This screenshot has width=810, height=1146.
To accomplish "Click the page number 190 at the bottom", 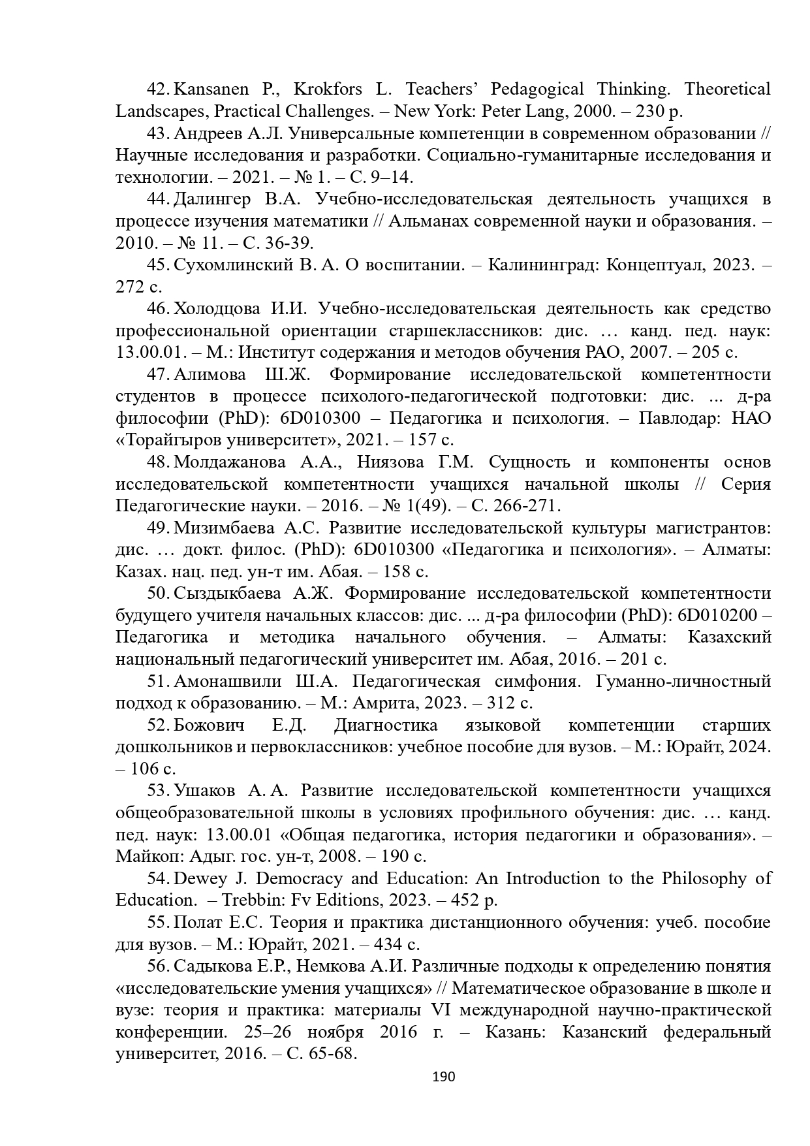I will point(444,1077).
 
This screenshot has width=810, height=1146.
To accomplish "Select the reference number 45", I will point(159,265).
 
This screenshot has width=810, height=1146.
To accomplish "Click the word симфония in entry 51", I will point(538,682).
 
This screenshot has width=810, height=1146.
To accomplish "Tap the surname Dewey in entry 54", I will point(199,878).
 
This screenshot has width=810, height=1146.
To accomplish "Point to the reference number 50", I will point(159,594).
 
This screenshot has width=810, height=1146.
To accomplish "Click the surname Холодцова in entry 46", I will point(223,309).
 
